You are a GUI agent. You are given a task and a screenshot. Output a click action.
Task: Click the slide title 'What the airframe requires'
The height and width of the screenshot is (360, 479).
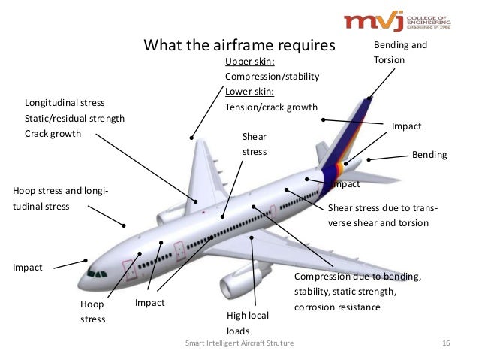point(239,46)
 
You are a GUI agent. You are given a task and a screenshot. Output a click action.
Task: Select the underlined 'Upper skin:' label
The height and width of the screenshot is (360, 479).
point(250,61)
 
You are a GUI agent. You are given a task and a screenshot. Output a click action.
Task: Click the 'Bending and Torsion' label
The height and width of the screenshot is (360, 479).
point(399,52)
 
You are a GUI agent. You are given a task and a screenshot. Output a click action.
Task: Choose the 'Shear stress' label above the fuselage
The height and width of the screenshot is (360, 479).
point(255,144)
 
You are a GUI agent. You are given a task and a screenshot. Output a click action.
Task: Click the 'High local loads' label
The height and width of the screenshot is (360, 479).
point(247,322)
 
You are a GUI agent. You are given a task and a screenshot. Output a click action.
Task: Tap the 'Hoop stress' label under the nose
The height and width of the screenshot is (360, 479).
point(93,313)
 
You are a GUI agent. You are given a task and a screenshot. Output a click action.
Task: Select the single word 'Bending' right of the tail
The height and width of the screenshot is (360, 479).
point(429,155)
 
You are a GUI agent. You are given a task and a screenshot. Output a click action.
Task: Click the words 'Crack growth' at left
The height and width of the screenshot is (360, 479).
point(53,133)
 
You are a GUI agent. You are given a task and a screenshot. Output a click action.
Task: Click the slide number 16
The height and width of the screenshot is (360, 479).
point(445,343)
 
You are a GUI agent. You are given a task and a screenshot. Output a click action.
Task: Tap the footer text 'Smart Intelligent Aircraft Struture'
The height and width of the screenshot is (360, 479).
point(239,343)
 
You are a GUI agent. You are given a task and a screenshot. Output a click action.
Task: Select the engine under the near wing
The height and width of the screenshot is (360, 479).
point(235,285)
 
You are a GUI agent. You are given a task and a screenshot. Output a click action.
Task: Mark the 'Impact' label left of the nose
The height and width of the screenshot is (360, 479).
point(29,266)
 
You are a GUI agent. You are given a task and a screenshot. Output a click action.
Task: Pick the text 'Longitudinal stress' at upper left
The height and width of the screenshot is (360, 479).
point(65,102)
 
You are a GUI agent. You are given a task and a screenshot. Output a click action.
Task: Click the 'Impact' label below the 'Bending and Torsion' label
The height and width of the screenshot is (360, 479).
point(406,127)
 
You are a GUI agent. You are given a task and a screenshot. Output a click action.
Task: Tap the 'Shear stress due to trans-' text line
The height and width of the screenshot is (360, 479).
point(384,208)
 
